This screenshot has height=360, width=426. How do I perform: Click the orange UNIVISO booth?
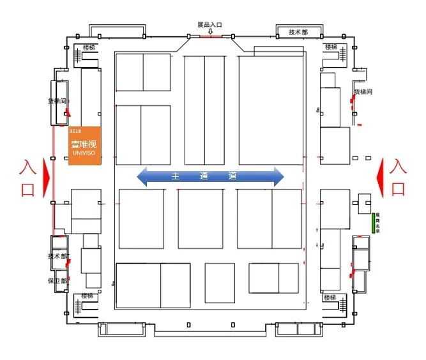click(x=85, y=146)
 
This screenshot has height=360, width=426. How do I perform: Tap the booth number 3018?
click(x=75, y=131)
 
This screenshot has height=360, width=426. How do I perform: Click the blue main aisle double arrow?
click(x=211, y=177)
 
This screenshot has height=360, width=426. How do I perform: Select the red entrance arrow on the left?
click(x=46, y=177)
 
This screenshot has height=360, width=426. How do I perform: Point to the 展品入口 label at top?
click(x=209, y=25)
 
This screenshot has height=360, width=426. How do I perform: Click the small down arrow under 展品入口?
click(x=210, y=32)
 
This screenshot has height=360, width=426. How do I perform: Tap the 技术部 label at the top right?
click(x=298, y=33)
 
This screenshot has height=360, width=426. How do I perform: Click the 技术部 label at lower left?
click(x=58, y=256)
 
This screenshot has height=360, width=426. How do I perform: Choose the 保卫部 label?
click(x=57, y=281)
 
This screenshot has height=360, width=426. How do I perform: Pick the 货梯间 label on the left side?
click(x=57, y=101)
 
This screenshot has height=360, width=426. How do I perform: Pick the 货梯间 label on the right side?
click(x=363, y=92)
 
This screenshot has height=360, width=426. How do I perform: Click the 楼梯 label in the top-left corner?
click(x=89, y=47)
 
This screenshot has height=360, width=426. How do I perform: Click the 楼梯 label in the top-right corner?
click(x=331, y=47)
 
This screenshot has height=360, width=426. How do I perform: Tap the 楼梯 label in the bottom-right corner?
click(x=330, y=297)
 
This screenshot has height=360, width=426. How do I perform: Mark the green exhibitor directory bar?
click(x=373, y=223)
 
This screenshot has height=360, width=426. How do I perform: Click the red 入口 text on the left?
click(x=27, y=179)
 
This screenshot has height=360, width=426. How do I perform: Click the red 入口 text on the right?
click(x=397, y=177)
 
